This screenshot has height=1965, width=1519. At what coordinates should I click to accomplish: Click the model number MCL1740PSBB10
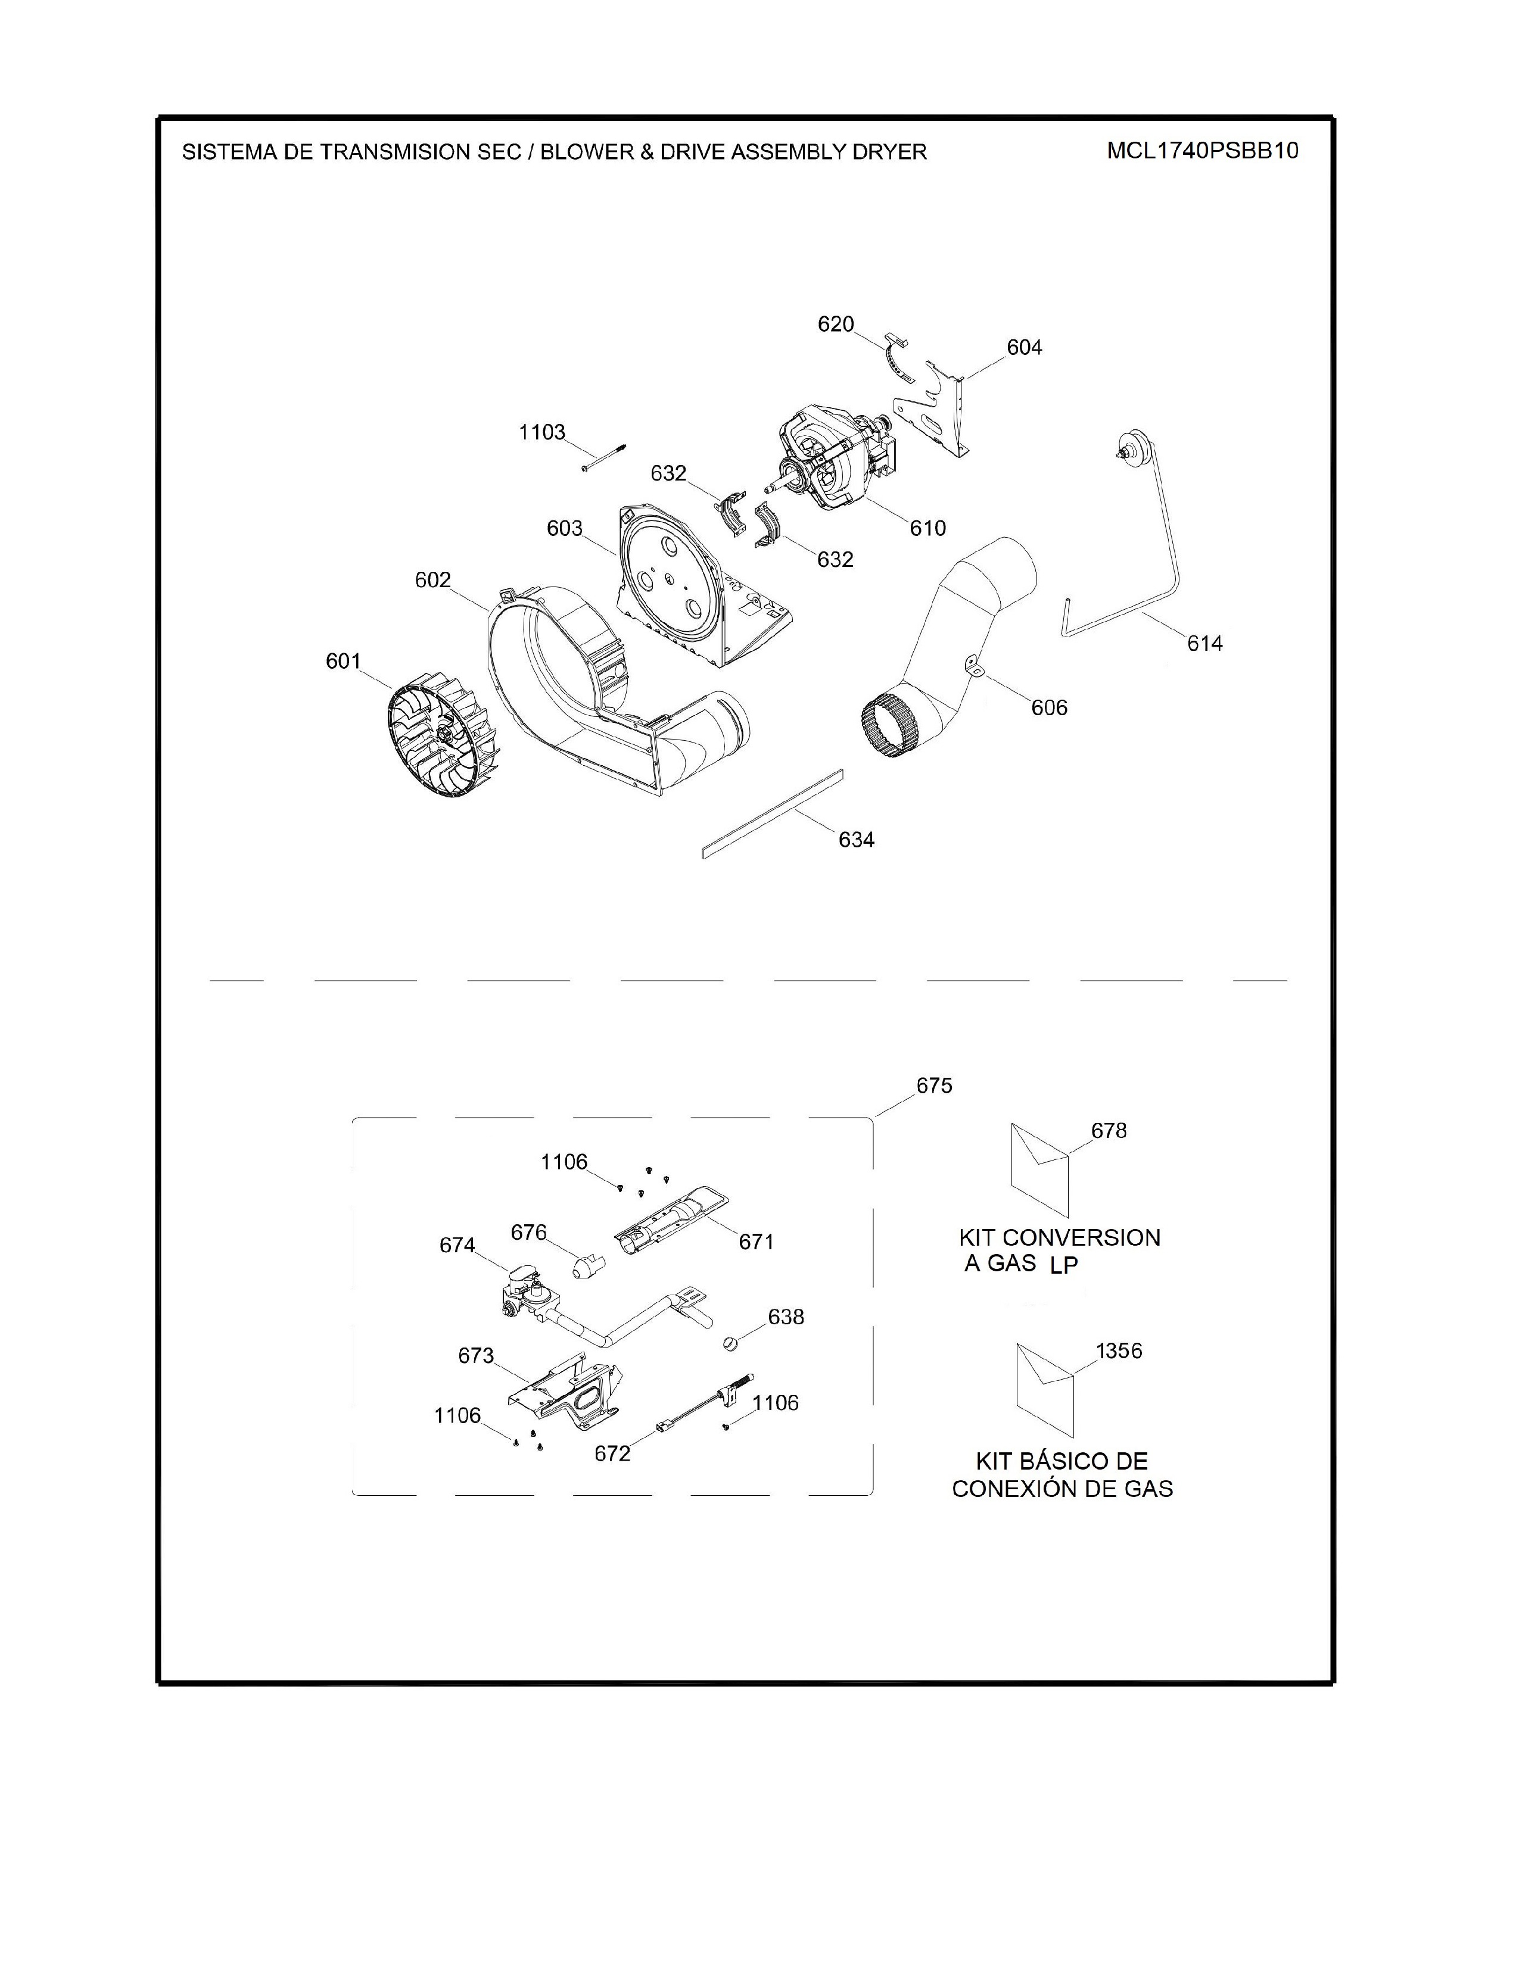pyautogui.click(x=1202, y=150)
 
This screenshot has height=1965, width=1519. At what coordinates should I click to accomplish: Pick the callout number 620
pyautogui.click(x=835, y=324)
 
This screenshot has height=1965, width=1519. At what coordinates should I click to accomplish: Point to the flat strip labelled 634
pyautogui.click(x=772, y=812)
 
